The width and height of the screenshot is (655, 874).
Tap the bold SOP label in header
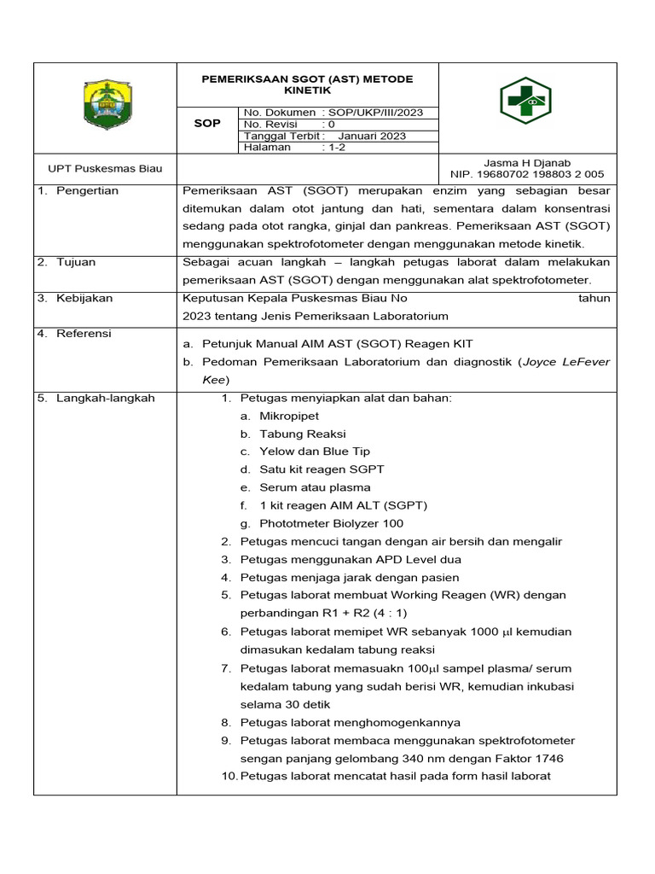207,124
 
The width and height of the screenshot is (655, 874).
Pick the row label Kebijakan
84,299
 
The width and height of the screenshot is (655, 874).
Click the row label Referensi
84,334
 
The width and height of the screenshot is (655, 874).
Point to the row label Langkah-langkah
105,398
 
